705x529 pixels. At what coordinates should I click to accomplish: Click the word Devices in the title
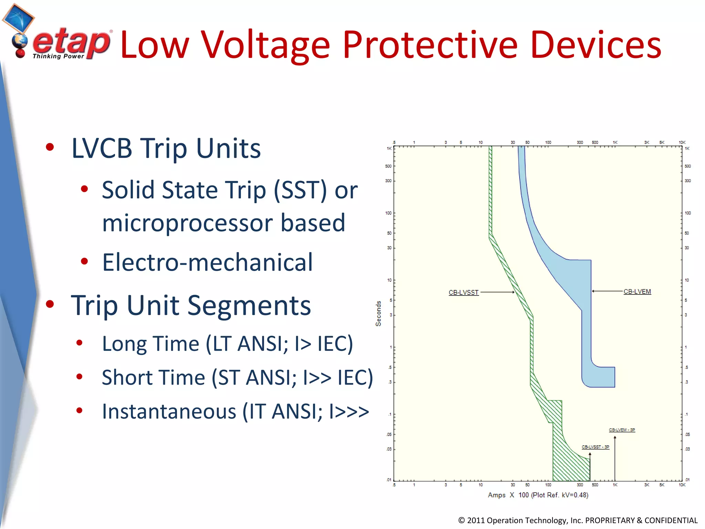coord(596,45)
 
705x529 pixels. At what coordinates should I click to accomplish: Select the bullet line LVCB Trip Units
coord(166,149)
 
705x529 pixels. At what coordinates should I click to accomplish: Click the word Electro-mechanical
coord(208,263)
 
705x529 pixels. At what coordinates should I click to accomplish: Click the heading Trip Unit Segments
coord(191,306)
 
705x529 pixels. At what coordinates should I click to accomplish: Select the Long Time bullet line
coord(227,344)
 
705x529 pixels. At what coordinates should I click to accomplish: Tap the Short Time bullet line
coord(237,377)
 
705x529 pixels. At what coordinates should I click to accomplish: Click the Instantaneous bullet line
coord(235,412)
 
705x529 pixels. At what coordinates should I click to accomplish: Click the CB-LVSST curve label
coord(463,292)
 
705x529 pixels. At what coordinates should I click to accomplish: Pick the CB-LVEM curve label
coord(637,292)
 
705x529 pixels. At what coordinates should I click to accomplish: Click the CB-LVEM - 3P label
coord(622,430)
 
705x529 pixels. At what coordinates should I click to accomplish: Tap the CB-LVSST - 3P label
coord(595,447)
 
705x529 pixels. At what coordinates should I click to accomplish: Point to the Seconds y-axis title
coord(378,313)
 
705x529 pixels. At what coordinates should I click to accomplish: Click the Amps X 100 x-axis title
coord(538,495)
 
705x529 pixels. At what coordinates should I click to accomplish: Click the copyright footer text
coord(578,520)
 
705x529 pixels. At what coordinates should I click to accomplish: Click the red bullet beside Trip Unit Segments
coord(50,304)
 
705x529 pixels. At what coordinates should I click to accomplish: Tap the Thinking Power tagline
coord(58,56)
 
